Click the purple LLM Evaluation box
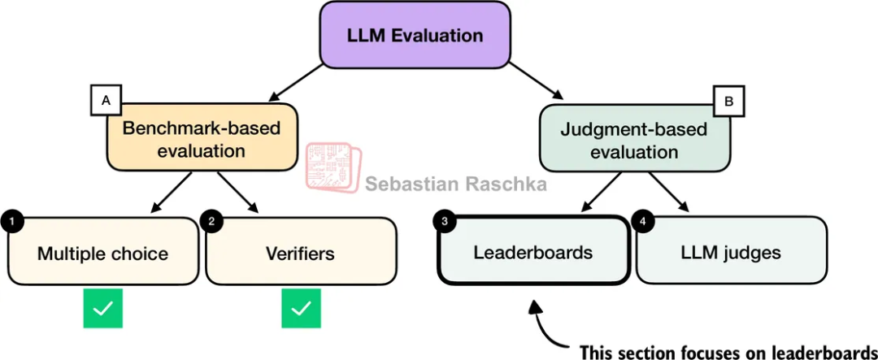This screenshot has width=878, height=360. (415, 35)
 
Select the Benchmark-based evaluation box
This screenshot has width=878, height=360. (202, 139)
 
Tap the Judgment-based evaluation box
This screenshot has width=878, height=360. (634, 141)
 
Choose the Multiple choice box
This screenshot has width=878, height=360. (102, 253)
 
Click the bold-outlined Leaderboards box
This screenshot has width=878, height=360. (533, 252)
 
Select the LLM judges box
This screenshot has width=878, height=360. (731, 252)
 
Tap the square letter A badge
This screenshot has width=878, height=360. (105, 102)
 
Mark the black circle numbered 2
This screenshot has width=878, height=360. (212, 220)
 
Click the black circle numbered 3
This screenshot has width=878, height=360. (443, 220)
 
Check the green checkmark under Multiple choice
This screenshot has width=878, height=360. (102, 309)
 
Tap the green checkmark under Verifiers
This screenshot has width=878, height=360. (302, 309)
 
